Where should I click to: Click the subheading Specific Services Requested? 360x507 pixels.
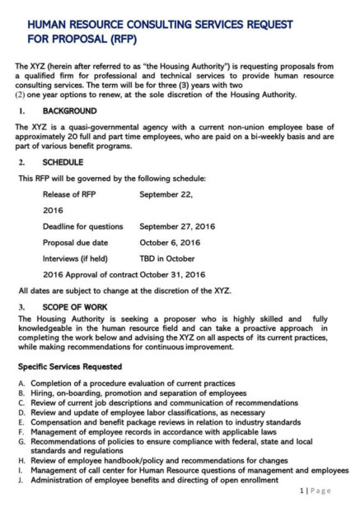(x=70, y=365)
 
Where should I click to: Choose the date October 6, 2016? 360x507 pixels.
(x=170, y=242)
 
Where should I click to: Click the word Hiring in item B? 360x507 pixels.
(x=40, y=394)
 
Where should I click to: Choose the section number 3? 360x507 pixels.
(x=22, y=305)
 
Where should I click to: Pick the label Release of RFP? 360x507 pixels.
(x=72, y=195)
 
